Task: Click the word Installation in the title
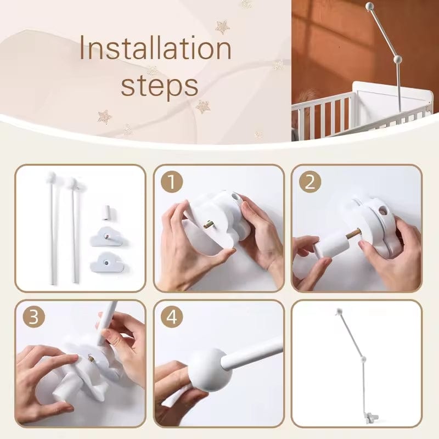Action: click(x=155, y=50)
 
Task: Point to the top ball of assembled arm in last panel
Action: click(x=339, y=311)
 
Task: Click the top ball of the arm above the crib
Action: click(x=369, y=6)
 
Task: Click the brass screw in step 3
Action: click(x=91, y=358)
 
